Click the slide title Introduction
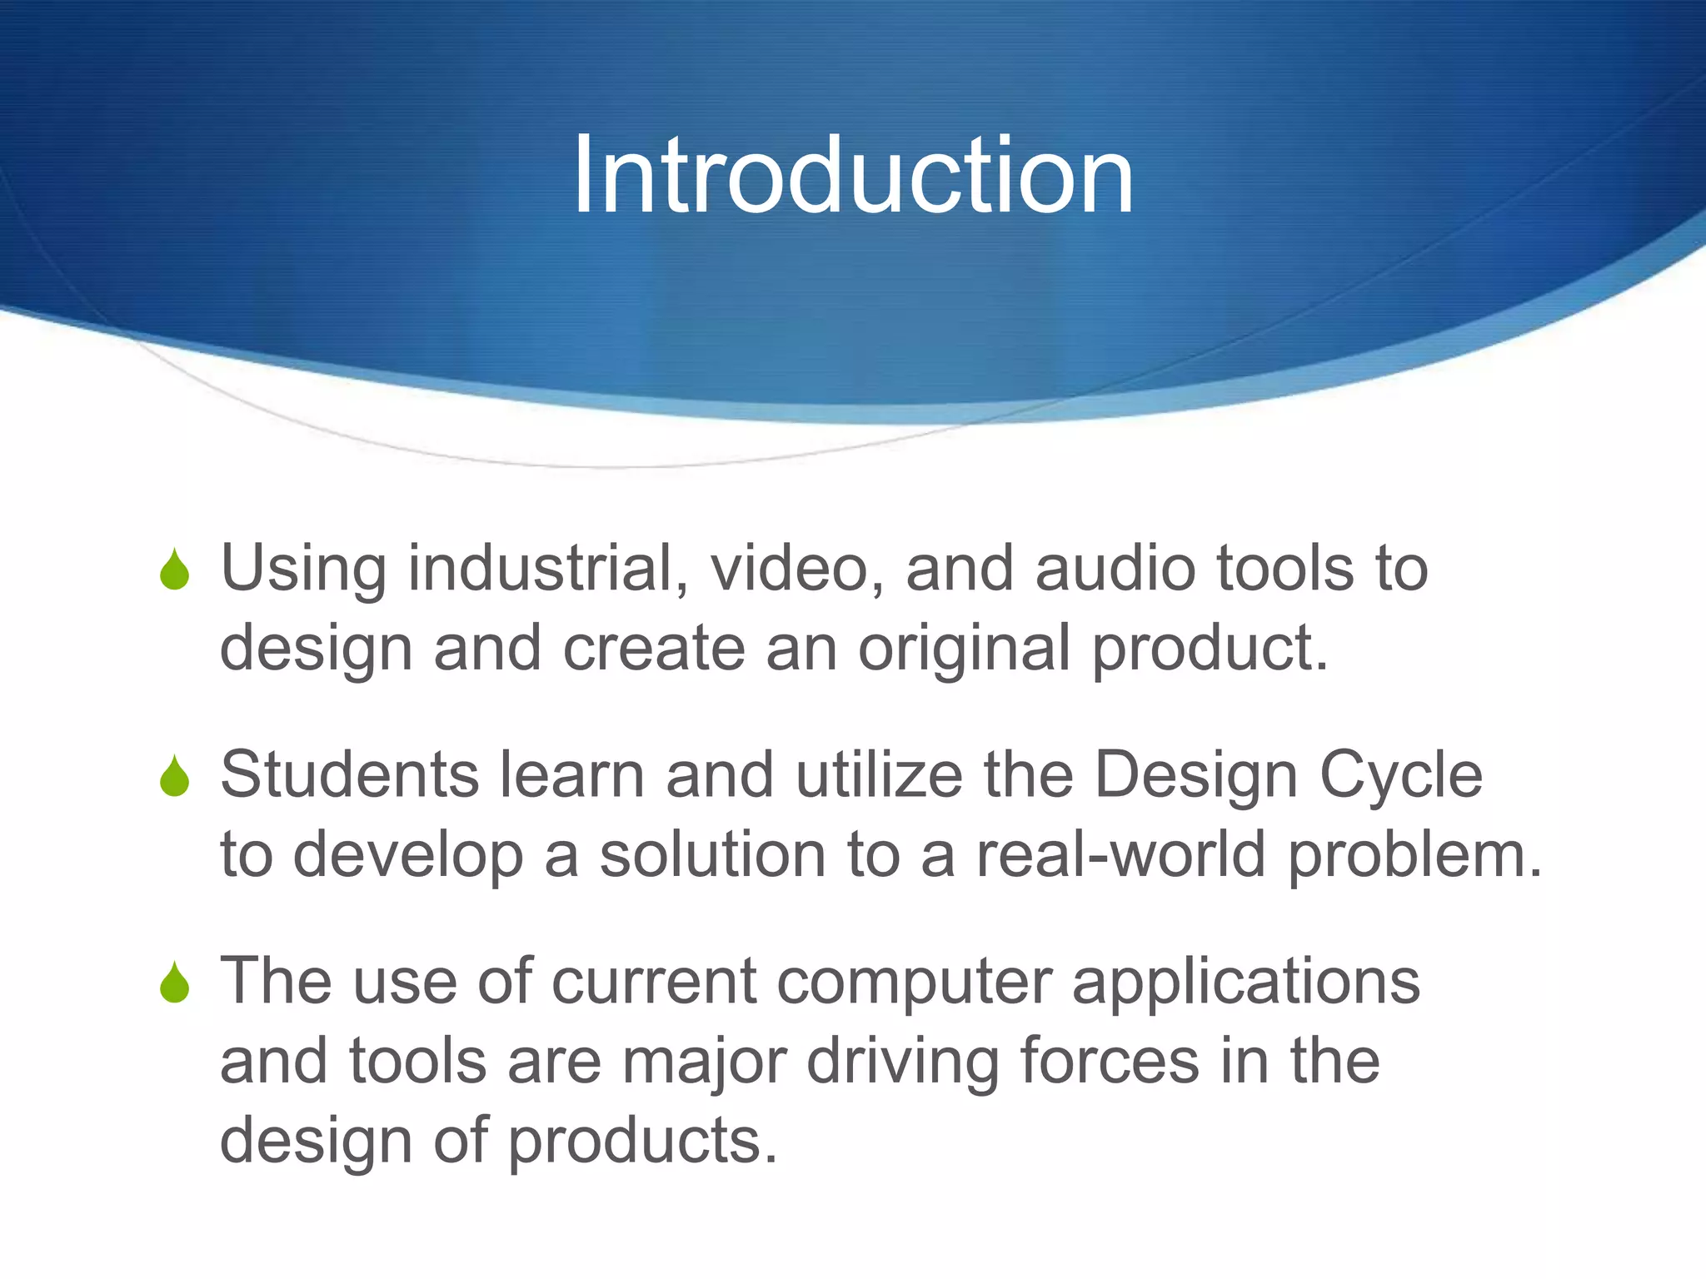pos(853,177)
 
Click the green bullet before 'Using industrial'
pos(175,570)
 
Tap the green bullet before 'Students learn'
pos(175,777)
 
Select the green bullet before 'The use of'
pos(175,983)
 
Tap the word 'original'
pos(964,649)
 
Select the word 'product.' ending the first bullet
pos(1210,649)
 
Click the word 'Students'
pos(350,775)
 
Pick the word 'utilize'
pos(880,775)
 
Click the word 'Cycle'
pos(1401,775)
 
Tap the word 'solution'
pos(712,855)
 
